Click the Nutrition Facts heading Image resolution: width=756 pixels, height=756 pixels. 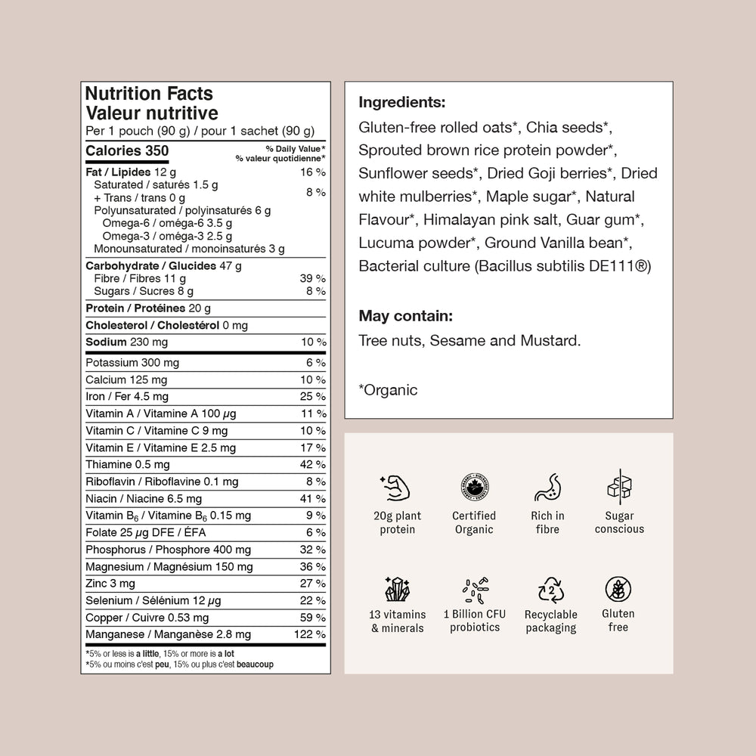149,94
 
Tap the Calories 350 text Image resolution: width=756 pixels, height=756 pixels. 127,150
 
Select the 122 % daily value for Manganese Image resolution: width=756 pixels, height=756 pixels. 309,634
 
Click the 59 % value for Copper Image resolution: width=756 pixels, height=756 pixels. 313,618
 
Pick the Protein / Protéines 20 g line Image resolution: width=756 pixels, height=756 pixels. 148,308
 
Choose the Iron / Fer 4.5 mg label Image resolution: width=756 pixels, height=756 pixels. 127,397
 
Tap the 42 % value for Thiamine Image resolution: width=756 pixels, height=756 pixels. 313,465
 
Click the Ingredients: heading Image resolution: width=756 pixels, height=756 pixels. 402,102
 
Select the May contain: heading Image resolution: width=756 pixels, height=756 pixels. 406,315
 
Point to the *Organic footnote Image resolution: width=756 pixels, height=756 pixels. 388,390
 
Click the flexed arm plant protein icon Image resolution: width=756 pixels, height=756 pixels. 398,488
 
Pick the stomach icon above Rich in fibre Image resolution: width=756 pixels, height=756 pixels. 547,488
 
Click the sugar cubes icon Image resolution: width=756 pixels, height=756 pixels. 619,487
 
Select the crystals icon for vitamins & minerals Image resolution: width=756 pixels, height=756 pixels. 398,590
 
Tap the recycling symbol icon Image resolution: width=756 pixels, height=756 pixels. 550,590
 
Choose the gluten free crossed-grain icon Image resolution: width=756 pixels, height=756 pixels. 618,589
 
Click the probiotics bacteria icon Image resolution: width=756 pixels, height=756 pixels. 475,590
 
